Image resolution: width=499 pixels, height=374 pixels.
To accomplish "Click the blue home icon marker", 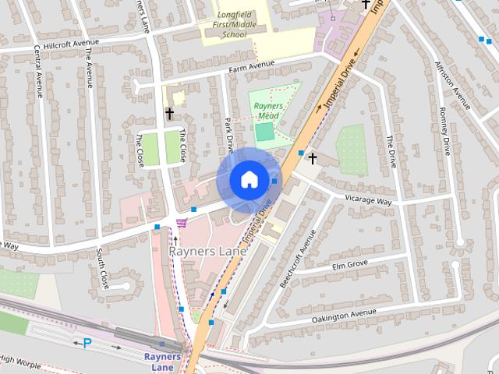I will tap(249, 179).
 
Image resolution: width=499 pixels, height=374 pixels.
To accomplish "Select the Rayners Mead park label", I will tap(268, 111).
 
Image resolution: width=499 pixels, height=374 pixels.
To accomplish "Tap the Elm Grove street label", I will tap(349, 265).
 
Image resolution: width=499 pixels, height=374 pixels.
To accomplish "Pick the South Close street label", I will tap(102, 270).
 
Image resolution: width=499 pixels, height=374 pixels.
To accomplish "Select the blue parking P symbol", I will tap(87, 342).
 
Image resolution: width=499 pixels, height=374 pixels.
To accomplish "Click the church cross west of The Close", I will tap(169, 114).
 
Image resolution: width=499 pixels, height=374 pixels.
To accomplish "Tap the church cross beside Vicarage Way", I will tap(313, 159).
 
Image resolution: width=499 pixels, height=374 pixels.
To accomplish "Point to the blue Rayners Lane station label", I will tap(162, 362).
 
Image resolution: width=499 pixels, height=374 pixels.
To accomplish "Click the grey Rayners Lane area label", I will tap(208, 252).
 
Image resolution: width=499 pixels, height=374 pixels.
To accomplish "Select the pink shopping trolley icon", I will tap(182, 223).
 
